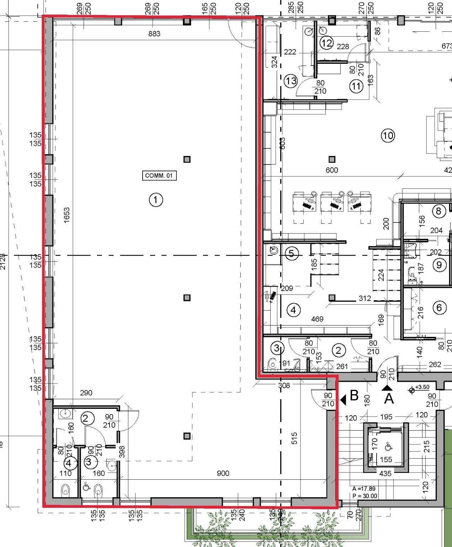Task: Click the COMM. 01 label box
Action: click(x=159, y=176)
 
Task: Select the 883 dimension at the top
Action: click(x=154, y=34)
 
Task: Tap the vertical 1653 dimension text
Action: click(x=67, y=215)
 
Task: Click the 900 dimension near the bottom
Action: click(x=223, y=473)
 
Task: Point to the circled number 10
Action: click(x=388, y=135)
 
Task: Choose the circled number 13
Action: click(x=291, y=81)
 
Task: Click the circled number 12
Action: click(x=326, y=43)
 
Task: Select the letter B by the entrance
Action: click(x=354, y=396)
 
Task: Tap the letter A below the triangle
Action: click(x=389, y=398)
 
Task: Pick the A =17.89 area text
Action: click(x=364, y=489)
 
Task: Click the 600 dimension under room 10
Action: click(x=332, y=170)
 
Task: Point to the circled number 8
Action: click(x=438, y=211)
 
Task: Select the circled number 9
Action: click(x=440, y=265)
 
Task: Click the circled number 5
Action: click(x=292, y=254)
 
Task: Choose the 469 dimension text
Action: click(x=317, y=319)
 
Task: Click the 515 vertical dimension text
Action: click(x=294, y=438)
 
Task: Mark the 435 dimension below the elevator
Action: click(x=385, y=474)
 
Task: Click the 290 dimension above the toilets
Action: click(x=86, y=393)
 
